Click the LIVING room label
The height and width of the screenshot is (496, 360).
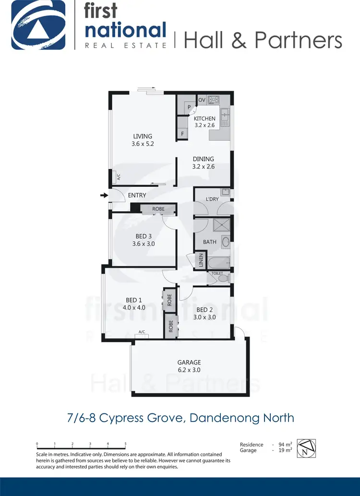click(143, 136)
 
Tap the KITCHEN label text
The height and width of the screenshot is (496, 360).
click(204, 119)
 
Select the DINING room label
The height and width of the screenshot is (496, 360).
click(203, 159)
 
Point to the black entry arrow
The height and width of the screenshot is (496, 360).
click(103, 195)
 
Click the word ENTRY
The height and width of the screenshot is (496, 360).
click(137, 195)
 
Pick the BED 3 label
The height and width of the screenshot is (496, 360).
click(144, 236)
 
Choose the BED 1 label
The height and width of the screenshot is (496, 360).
click(135, 300)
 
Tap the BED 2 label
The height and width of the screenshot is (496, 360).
click(205, 310)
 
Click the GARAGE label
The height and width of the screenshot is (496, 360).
click(189, 363)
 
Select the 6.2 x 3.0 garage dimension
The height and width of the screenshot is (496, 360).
click(189, 370)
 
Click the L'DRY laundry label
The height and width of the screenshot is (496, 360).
click(212, 199)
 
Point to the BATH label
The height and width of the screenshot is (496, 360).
click(210, 242)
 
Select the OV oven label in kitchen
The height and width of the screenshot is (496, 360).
click(202, 100)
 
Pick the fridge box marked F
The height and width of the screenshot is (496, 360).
click(182, 134)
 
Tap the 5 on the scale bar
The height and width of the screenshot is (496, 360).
click(126, 444)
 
